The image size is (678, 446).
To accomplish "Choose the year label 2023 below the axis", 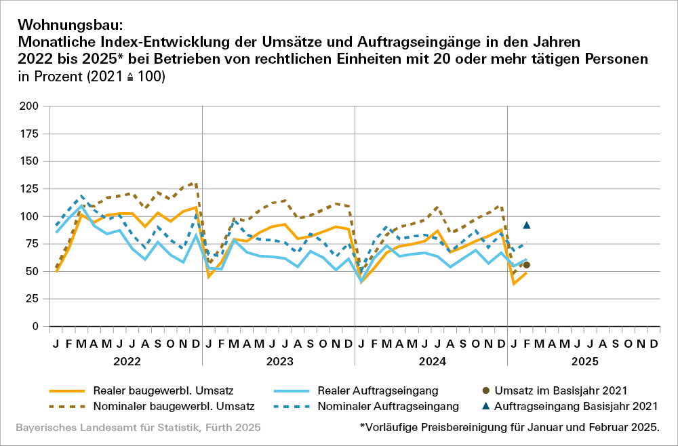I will pos(279,361).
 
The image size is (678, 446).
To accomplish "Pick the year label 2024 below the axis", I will pos(431,361).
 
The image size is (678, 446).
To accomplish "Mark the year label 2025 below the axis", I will pos(584,361).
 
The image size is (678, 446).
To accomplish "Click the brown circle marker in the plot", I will pos(526,265).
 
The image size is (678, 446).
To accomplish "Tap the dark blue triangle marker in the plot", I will pos(526,225).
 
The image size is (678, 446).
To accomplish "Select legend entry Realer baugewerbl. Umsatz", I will pos(164,390).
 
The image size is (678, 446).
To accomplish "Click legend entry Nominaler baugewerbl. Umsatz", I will pos(174,407).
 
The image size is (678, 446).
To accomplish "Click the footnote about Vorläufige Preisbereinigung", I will pos(510,428).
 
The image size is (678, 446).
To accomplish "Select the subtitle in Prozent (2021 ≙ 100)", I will pos(92,77).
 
